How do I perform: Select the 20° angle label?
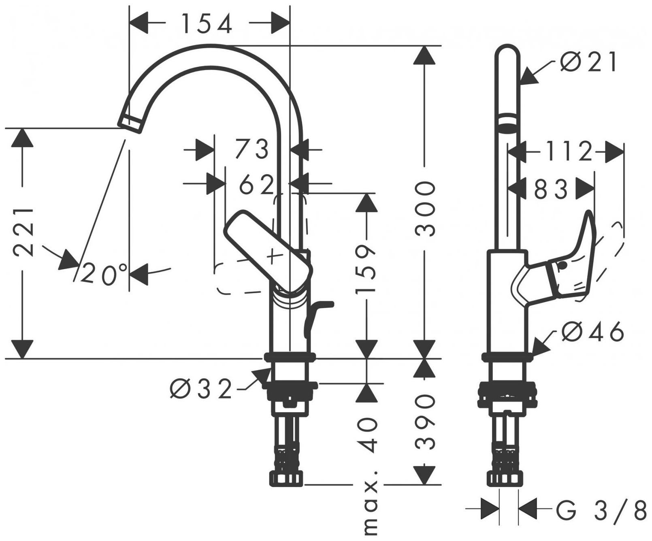pyautogui.click(x=104, y=274)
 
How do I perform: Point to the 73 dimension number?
pyautogui.click(x=251, y=149)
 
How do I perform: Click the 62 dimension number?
pyautogui.click(x=256, y=185)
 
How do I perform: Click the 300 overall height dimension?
pyautogui.click(x=425, y=209)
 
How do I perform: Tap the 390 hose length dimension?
pyautogui.click(x=425, y=422)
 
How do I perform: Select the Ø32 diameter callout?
pyautogui.click(x=201, y=389)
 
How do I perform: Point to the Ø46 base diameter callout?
pyautogui.click(x=593, y=332)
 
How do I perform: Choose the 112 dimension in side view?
pyautogui.click(x=569, y=151)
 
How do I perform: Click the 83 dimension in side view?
pyautogui.click(x=551, y=189)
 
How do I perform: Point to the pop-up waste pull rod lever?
pyautogui.click(x=318, y=314)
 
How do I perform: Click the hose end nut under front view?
pyautogui.click(x=286, y=478)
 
